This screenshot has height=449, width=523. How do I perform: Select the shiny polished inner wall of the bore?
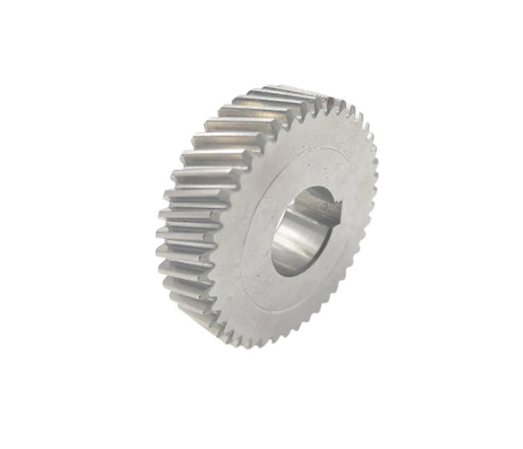[295, 243]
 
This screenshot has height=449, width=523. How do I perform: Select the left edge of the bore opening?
[273, 239]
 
